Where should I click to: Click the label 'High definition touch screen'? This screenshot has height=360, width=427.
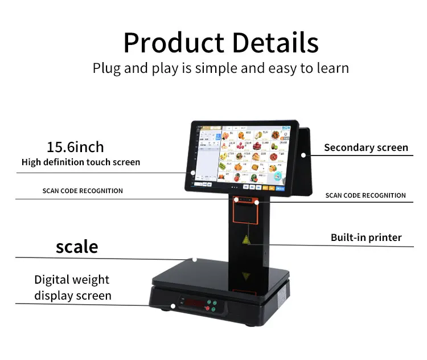pyautogui.click(x=81, y=162)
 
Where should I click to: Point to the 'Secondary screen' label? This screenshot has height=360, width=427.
pyautogui.click(x=366, y=148)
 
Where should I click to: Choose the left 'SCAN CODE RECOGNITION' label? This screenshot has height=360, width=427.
pyautogui.click(x=83, y=191)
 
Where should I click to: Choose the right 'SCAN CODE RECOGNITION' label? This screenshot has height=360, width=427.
pyautogui.click(x=366, y=195)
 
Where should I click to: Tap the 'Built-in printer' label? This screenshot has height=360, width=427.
pyautogui.click(x=366, y=238)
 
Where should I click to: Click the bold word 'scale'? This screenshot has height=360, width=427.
pyautogui.click(x=77, y=246)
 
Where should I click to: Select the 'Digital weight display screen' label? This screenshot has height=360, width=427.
pyautogui.click(x=72, y=288)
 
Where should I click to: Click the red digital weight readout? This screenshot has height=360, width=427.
pyautogui.click(x=191, y=302)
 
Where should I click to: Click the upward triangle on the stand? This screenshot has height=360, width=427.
pyautogui.click(x=246, y=239)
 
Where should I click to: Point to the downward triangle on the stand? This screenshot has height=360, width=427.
pyautogui.click(x=246, y=276)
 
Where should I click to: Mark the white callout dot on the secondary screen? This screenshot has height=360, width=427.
pyautogui.click(x=303, y=154)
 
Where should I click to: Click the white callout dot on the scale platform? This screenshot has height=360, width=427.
pyautogui.click(x=195, y=260)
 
